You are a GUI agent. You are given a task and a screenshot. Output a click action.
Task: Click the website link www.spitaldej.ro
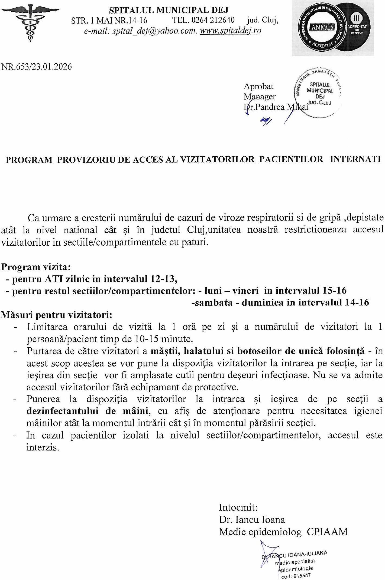tap(231, 31)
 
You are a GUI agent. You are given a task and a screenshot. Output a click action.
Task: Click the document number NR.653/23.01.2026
tap(37, 67)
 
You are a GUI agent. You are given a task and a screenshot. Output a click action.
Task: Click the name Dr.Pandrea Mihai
tap(276, 107)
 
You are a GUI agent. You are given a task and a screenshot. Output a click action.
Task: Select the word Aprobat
tap(258, 86)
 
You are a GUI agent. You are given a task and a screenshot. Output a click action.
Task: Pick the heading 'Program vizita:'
tap(36, 267)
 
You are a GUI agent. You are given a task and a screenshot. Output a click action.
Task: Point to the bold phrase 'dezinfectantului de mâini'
tap(87, 411)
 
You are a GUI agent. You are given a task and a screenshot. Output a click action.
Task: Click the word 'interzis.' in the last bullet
tap(43, 447)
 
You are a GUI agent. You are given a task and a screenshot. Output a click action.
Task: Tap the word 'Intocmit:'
tap(238, 507)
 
